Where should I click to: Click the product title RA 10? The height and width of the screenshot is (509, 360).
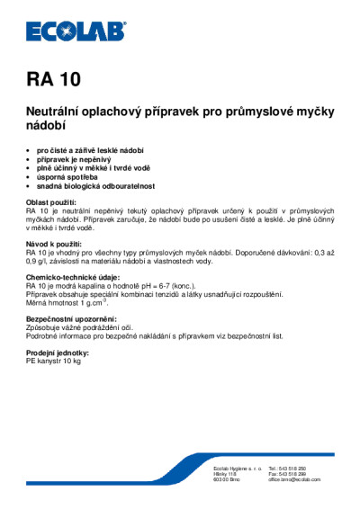click(54, 78)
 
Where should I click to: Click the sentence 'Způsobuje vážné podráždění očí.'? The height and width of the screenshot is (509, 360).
click(85, 327)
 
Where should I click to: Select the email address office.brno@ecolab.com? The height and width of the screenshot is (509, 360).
click(294, 480)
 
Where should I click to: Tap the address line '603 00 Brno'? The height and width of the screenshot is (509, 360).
click(224, 480)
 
